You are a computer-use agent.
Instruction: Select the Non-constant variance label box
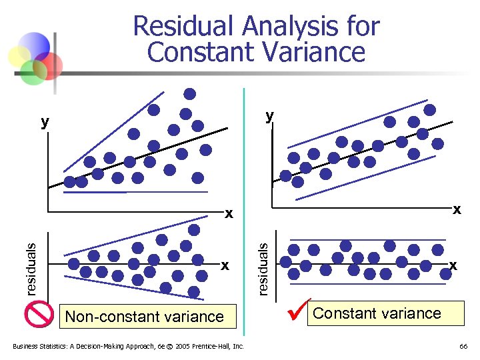[x=145, y=316]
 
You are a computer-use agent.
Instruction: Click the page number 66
[x=463, y=346]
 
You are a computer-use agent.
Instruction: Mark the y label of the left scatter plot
[x=44, y=121]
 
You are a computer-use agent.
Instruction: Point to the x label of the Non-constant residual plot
[x=225, y=265]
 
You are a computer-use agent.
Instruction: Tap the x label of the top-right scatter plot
[x=457, y=209]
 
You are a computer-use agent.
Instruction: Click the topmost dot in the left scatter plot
[x=190, y=94]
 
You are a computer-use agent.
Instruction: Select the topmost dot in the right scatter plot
[x=430, y=110]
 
